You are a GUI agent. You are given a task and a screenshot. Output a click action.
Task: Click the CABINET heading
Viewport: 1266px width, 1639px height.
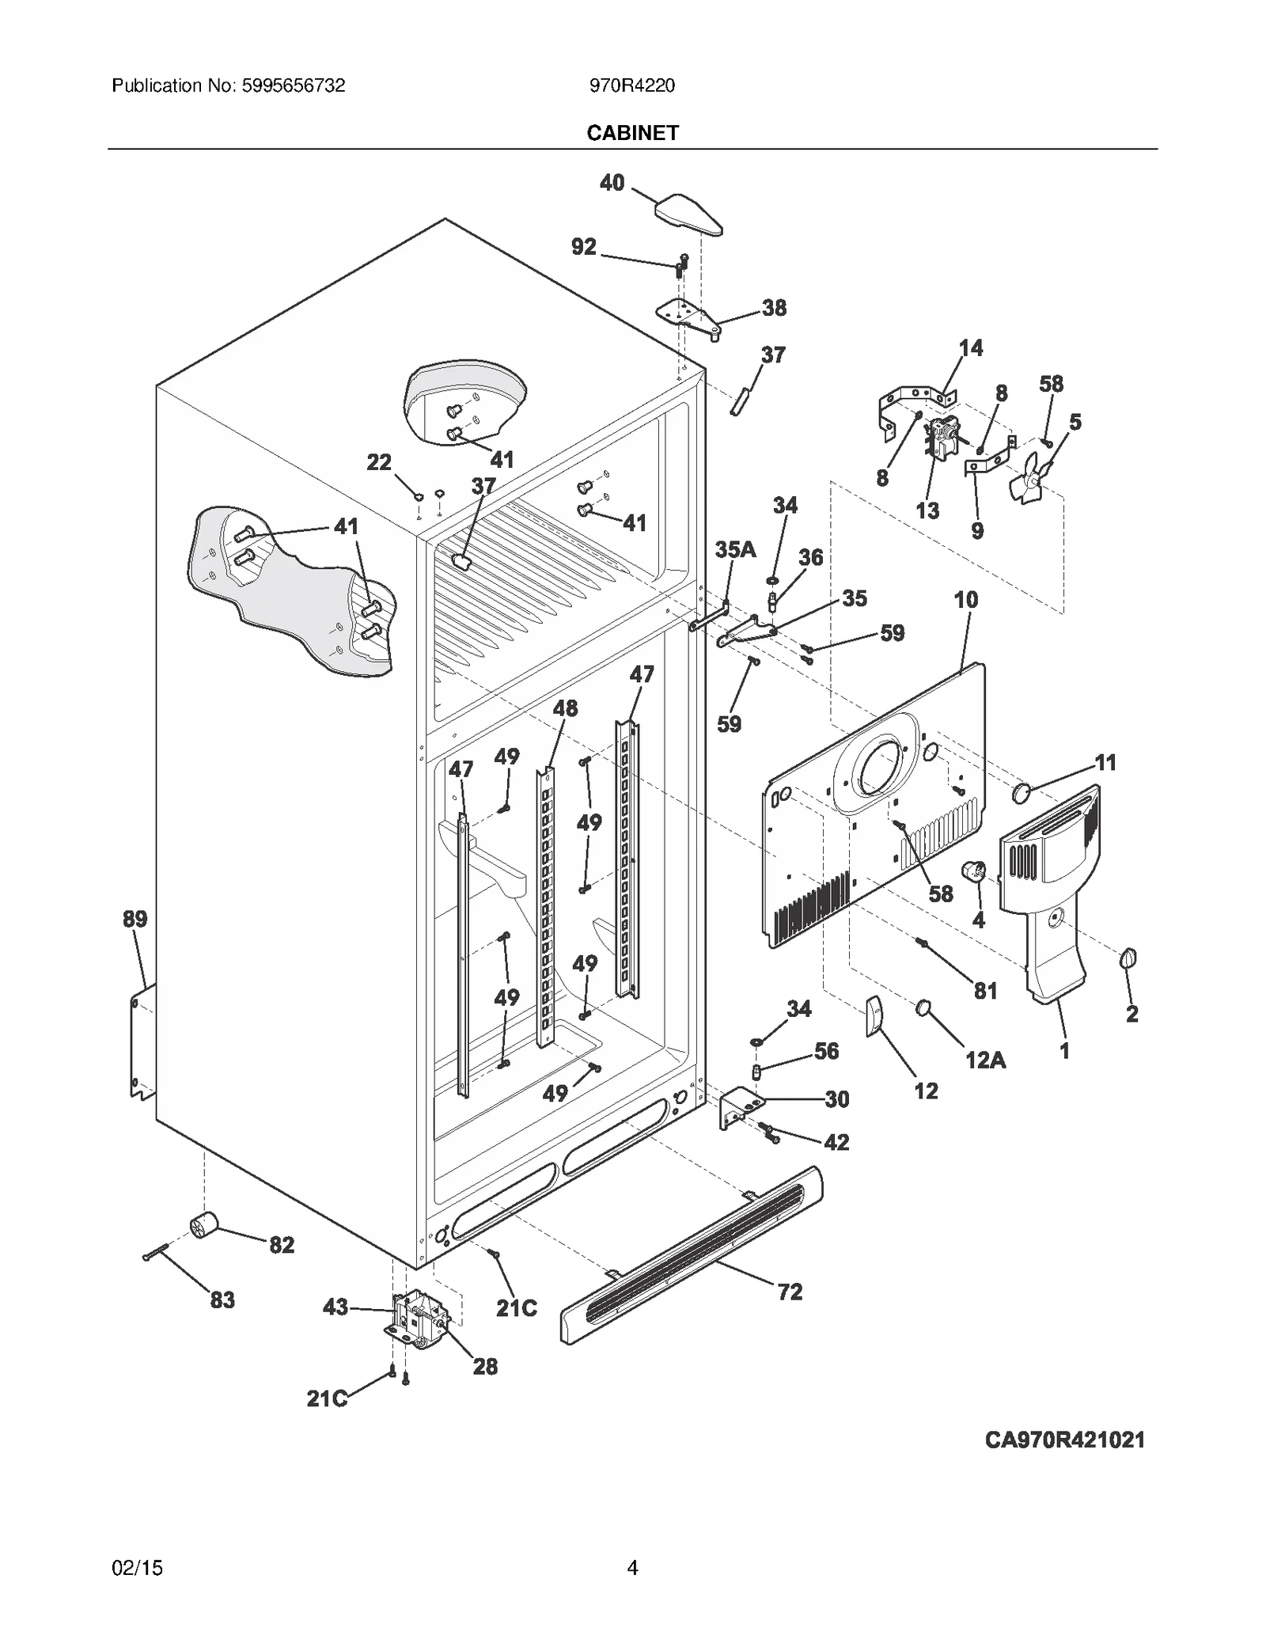tap(632, 133)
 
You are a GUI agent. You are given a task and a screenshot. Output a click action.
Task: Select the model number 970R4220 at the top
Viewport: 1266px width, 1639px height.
tap(632, 85)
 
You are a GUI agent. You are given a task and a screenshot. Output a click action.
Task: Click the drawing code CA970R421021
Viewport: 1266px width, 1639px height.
tap(1064, 1440)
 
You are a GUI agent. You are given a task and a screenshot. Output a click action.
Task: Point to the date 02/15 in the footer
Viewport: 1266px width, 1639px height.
tap(138, 1568)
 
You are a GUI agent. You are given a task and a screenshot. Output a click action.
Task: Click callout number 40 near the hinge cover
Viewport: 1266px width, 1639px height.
tap(612, 183)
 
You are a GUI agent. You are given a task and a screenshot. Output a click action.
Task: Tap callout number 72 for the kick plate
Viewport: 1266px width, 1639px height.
tap(790, 1292)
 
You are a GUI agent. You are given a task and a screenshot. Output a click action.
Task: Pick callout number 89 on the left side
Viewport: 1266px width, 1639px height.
tap(135, 919)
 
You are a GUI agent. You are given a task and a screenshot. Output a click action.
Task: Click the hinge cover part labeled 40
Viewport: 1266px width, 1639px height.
tap(688, 214)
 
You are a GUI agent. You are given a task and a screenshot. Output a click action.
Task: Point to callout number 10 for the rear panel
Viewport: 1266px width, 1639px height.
tap(965, 600)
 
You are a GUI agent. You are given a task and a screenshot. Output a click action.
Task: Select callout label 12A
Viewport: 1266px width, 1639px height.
tap(985, 1060)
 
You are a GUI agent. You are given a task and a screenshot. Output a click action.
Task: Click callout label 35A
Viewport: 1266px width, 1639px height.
tap(735, 549)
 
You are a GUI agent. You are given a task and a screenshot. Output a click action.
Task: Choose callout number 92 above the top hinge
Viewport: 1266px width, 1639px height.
tap(584, 247)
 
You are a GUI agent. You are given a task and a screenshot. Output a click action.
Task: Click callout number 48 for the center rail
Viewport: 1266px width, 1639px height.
tap(565, 708)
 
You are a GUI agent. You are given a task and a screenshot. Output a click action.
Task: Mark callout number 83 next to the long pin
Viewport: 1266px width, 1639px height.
tap(222, 1299)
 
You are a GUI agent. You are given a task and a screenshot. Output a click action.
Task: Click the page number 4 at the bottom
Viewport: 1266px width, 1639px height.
tap(632, 1568)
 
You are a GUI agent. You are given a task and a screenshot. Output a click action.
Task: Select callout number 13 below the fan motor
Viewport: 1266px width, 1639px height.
tap(927, 510)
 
